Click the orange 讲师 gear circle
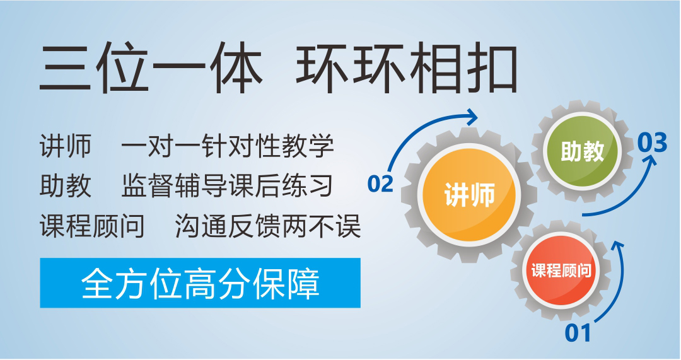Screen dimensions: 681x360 point(469,194)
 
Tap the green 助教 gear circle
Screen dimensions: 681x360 point(582,151)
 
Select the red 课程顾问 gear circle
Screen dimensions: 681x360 point(561,270)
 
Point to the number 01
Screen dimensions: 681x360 point(578,334)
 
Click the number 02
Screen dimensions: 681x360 point(380,183)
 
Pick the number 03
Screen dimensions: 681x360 point(652,142)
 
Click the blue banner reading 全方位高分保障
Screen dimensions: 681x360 point(201,283)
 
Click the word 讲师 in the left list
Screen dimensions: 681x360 point(66,146)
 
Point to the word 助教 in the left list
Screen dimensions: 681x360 point(66,186)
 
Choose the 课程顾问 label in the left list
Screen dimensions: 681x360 point(92,226)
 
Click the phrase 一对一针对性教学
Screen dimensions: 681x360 point(228,146)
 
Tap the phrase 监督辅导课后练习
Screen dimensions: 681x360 point(227,186)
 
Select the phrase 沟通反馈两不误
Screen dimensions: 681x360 point(268,226)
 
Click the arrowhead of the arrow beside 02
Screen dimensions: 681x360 point(472,117)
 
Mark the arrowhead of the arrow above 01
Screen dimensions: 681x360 point(617,245)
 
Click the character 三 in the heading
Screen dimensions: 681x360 point(65,69)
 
